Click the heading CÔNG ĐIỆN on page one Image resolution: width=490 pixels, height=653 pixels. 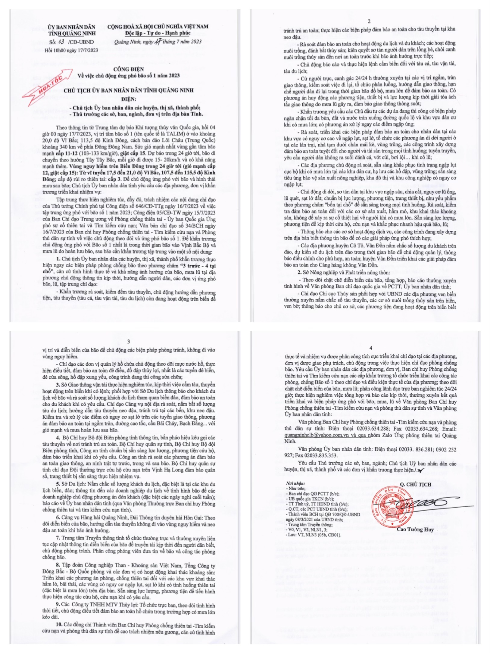tap(129, 69)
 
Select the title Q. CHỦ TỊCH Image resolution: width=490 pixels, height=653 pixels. tap(415, 485)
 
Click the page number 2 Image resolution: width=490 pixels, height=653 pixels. tap(369, 21)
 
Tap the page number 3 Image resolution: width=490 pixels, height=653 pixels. tap(129, 342)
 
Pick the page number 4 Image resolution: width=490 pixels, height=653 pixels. tap(370, 348)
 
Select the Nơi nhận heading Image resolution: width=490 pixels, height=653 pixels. tap(295, 483)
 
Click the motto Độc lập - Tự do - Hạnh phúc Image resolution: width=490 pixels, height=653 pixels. tap(158, 33)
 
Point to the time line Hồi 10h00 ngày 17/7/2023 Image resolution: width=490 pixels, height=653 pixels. tap(71, 50)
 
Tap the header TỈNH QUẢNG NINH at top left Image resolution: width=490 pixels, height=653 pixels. tap(72, 33)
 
